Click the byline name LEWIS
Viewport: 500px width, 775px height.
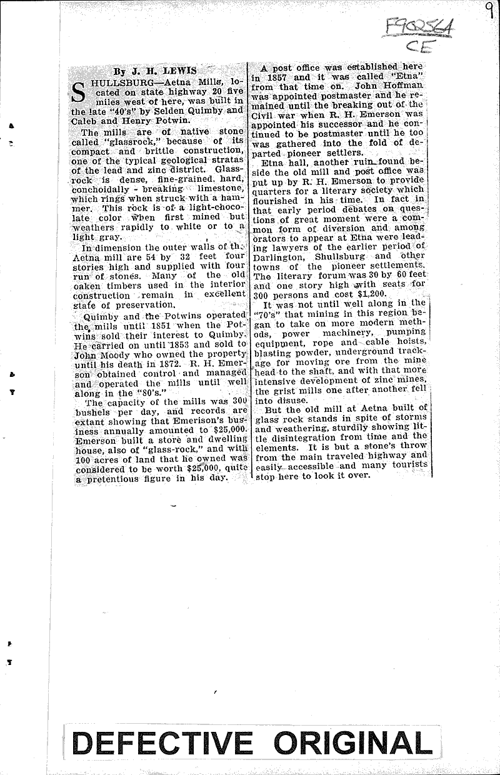(x=161, y=71)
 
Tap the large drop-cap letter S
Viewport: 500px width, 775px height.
(x=79, y=91)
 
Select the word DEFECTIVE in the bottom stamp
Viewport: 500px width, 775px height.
(x=164, y=744)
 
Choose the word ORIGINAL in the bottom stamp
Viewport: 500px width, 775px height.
(x=352, y=744)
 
